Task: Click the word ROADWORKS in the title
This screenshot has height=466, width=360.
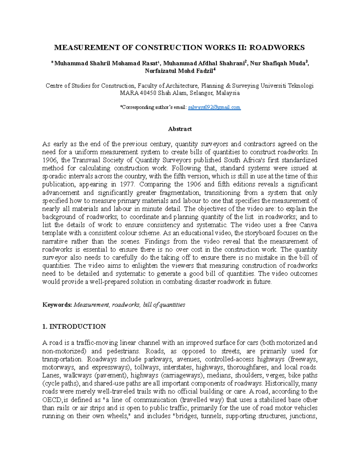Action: point(277,47)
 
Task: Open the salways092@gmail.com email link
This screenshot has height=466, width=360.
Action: point(214,107)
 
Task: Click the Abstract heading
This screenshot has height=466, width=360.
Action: point(180,129)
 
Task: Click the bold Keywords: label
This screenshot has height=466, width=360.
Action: point(57,305)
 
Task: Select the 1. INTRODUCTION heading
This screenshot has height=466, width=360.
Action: point(74,326)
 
